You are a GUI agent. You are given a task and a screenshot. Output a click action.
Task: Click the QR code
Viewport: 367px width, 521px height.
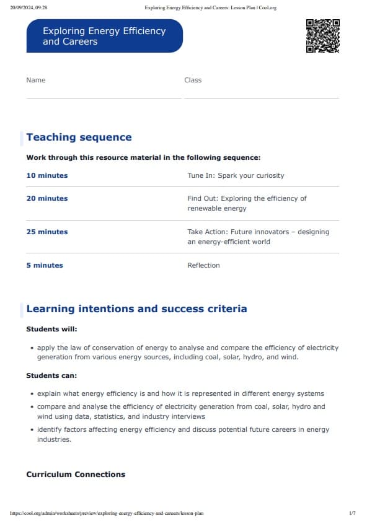tap(323, 36)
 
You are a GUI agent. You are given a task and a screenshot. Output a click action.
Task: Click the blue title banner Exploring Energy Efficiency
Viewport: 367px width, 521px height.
tap(104, 36)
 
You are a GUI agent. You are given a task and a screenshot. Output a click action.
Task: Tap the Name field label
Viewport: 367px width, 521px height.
tap(36, 80)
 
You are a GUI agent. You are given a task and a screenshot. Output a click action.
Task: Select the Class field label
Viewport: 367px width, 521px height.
tap(193, 80)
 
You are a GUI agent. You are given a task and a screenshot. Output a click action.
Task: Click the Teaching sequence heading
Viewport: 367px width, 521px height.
tap(79, 138)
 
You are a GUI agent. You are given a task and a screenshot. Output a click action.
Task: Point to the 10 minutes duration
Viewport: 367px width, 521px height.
tap(47, 175)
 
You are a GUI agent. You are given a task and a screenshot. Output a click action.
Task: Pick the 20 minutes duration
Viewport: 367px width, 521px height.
tap(47, 198)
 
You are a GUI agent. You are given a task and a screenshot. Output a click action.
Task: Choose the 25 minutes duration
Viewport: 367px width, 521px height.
tap(47, 232)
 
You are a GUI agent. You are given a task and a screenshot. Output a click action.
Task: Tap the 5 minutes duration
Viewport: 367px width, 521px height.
tap(45, 265)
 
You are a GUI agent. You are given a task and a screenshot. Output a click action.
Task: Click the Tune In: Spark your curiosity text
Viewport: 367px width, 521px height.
tap(236, 175)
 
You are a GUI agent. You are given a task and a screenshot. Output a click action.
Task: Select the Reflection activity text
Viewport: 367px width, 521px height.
tap(203, 265)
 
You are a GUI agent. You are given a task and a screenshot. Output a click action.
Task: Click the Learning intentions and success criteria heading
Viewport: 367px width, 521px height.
tap(136, 309)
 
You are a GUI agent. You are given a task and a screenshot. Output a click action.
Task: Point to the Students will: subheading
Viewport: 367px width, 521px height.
tap(51, 329)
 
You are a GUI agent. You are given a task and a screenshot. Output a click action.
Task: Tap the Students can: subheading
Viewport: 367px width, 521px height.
tap(51, 375)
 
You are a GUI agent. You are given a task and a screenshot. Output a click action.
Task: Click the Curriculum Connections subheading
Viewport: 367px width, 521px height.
tap(76, 475)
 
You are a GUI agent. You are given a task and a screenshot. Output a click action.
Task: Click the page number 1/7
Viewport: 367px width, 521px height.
tap(352, 513)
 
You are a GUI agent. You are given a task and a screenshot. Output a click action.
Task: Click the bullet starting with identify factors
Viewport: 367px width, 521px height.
tap(183, 434)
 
